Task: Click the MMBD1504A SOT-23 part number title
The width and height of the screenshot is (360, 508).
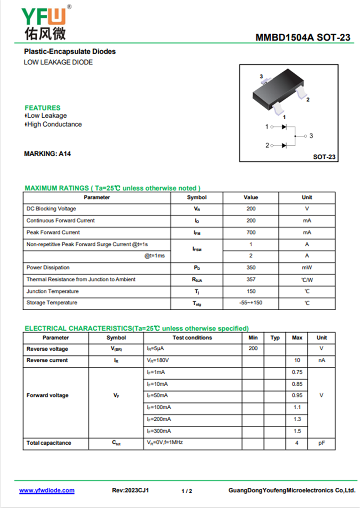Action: pos(302,38)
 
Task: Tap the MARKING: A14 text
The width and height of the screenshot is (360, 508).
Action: pos(47,154)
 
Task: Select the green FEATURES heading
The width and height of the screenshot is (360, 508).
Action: pos(42,108)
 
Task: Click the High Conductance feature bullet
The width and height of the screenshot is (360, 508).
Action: pos(54,125)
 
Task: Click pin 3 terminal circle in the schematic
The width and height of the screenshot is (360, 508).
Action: pos(305,136)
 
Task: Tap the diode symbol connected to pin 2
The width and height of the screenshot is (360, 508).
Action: pos(284,145)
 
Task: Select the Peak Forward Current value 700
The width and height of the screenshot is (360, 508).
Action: pos(251,232)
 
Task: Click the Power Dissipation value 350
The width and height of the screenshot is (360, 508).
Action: pos(251,267)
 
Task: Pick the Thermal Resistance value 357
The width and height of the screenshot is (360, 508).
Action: pos(251,279)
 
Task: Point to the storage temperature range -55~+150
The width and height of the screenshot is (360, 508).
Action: pos(251,303)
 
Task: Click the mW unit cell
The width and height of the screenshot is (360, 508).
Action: pos(307,267)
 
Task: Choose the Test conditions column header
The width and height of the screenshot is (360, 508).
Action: pos(192,338)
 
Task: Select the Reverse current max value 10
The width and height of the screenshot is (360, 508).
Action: pos(297,361)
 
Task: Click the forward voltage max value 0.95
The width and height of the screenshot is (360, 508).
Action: pos(297,396)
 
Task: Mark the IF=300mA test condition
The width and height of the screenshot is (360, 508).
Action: pos(158,431)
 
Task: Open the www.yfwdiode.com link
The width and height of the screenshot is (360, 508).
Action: pos(47,490)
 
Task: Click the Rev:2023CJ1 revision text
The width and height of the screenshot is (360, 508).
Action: pos(130,490)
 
